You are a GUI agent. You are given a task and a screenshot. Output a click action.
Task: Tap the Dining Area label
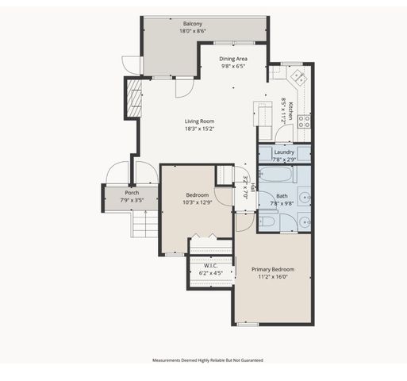[232, 58]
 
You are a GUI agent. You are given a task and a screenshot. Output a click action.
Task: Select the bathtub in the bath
[283, 175]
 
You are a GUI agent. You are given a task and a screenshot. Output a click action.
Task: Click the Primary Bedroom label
[272, 270]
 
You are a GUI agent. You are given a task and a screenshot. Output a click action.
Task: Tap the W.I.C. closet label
[211, 266]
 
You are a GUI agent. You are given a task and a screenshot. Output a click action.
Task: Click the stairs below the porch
[144, 229]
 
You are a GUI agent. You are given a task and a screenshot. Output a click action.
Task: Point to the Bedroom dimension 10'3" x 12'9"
[197, 202]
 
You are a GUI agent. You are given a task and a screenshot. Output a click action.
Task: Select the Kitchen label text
[291, 110]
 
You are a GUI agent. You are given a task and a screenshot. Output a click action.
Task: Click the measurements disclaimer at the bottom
[207, 360]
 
